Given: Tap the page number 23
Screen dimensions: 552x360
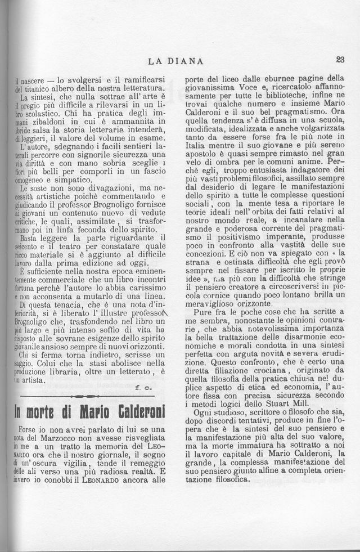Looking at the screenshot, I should point(340,59).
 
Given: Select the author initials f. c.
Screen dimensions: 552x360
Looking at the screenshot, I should point(145,388).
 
